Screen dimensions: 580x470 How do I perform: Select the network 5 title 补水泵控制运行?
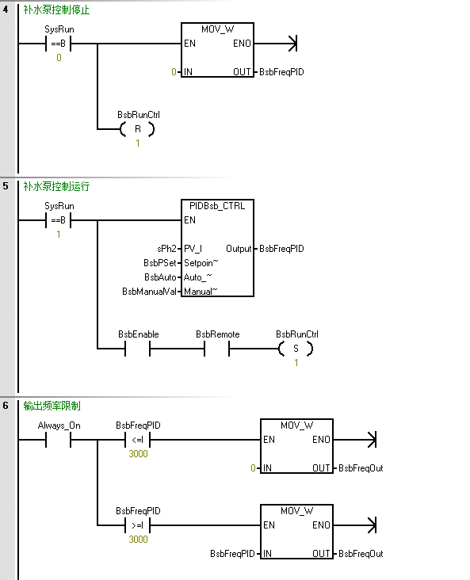[x=56, y=187]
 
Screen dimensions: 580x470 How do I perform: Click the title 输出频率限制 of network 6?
[x=52, y=406]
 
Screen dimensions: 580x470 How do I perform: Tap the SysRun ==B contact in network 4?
[x=59, y=44]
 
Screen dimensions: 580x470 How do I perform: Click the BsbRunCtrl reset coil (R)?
[x=137, y=129]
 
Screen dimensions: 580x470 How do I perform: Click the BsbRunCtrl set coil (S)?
[x=296, y=349]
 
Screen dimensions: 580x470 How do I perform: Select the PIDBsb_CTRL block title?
[x=217, y=206]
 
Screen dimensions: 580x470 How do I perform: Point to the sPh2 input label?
[x=166, y=249]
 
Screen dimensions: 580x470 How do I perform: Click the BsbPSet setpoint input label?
[x=159, y=262]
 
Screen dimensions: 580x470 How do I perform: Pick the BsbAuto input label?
[x=160, y=277]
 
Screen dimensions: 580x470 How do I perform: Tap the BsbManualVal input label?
[x=148, y=291]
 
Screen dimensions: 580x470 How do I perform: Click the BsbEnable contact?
[x=138, y=349]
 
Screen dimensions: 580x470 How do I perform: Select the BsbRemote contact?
[x=217, y=349]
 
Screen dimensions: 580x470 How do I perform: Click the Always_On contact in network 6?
[x=59, y=440]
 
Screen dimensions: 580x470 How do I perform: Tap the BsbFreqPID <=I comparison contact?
[x=138, y=440]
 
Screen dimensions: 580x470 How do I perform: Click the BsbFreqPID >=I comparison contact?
[x=138, y=525]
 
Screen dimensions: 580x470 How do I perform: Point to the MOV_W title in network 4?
[x=217, y=29]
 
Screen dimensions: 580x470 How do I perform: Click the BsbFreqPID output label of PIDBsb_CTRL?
[x=281, y=249]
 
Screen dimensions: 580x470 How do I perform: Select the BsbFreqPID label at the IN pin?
[x=232, y=554]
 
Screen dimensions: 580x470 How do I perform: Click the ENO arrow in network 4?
[x=292, y=44]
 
